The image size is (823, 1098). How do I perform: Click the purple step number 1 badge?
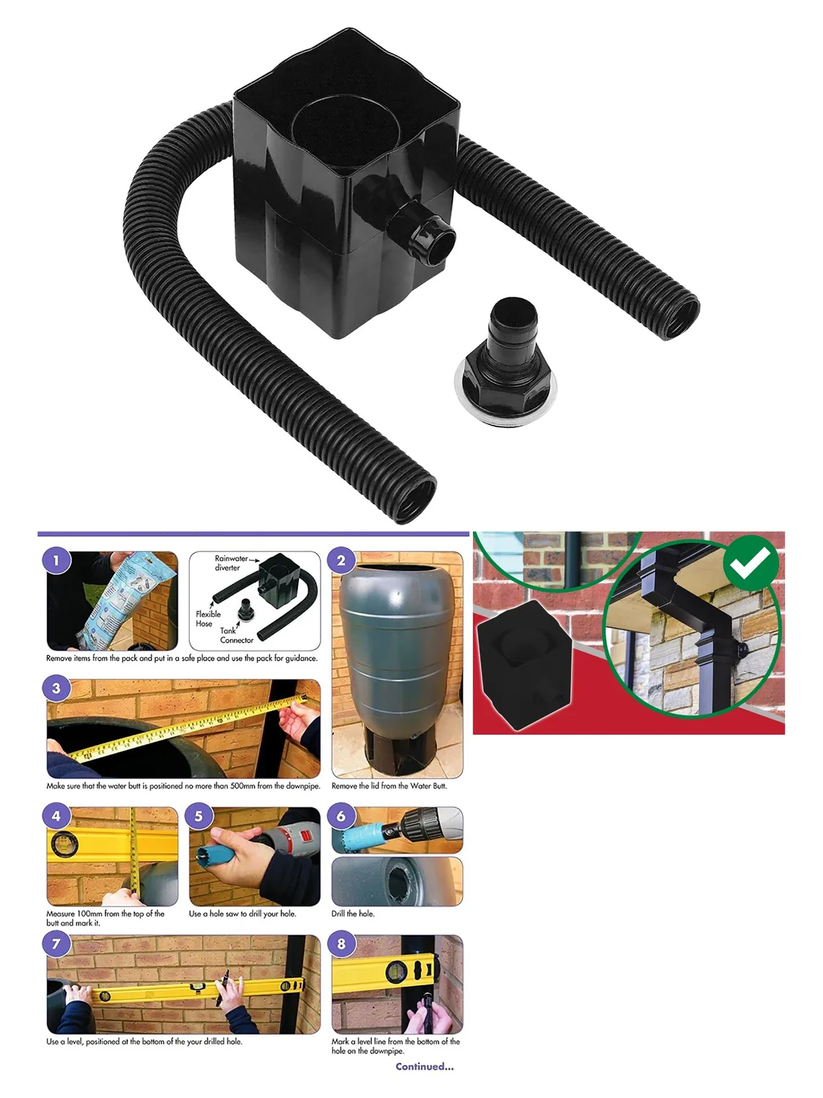[x=56, y=559]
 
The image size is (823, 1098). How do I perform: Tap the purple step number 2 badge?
[x=341, y=559]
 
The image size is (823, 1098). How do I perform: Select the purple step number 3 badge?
[x=56, y=688]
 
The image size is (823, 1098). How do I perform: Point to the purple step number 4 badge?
[x=56, y=816]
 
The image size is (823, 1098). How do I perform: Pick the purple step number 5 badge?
[x=199, y=816]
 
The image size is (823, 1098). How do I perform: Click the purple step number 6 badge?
[x=341, y=816]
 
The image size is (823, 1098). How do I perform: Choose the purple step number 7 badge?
[x=56, y=944]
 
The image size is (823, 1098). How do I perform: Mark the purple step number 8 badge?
[x=341, y=944]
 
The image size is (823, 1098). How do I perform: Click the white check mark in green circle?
[x=751, y=562]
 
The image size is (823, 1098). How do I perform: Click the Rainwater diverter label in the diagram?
[x=230, y=563]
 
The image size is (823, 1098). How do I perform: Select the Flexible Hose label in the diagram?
[x=208, y=619]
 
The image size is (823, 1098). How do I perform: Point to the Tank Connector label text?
[x=236, y=635]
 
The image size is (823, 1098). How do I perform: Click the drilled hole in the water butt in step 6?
[x=398, y=884]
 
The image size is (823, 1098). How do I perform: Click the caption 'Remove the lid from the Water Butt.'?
[x=388, y=786]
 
